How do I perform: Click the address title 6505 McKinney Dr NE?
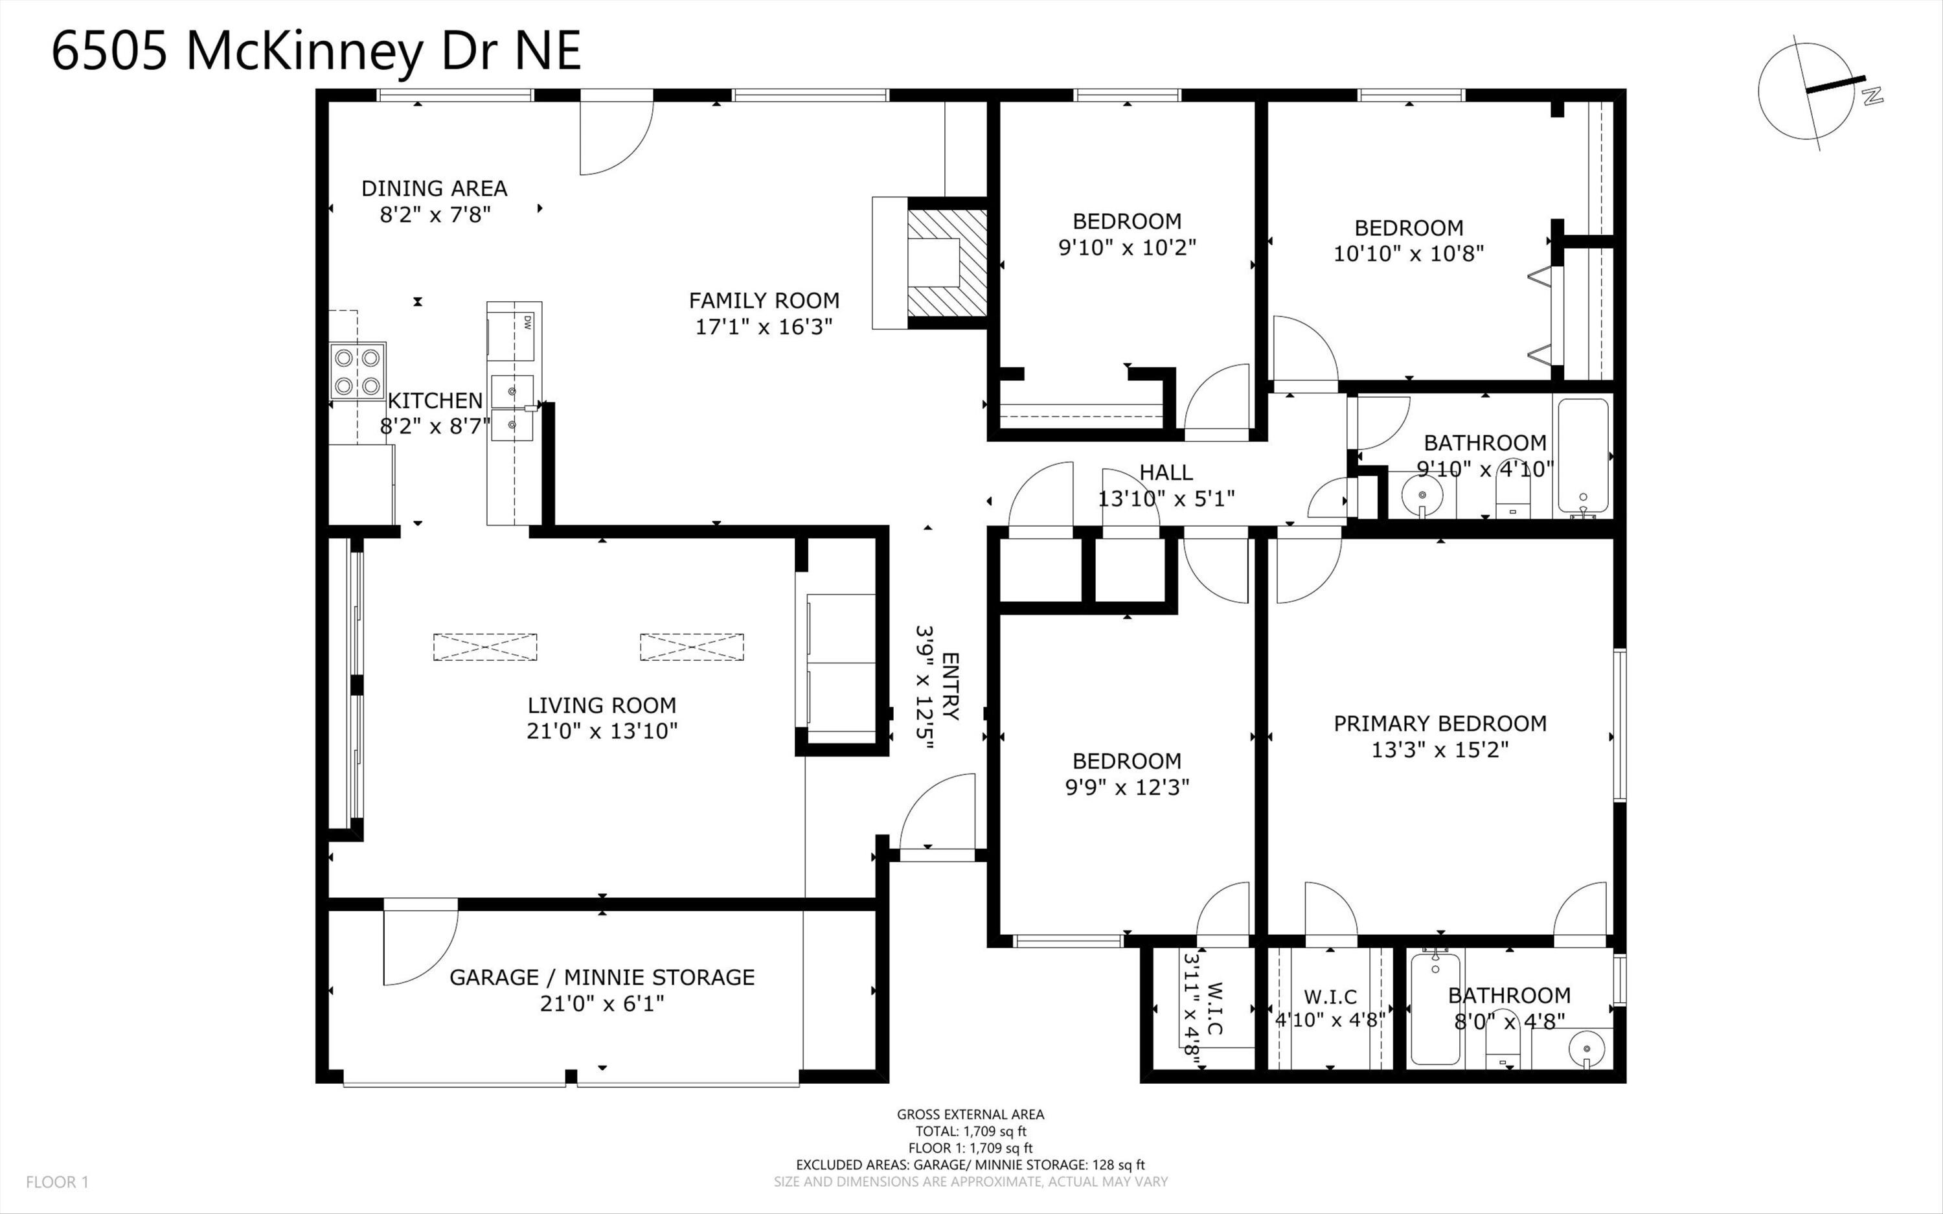[x=315, y=51]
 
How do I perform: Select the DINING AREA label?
[x=434, y=188]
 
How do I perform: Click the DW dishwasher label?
[x=527, y=322]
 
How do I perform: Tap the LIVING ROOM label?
[x=602, y=705]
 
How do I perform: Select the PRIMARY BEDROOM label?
[x=1440, y=724]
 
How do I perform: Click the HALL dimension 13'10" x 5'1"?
[x=1166, y=499]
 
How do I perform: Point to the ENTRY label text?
[x=950, y=687]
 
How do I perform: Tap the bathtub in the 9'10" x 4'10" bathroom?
[x=1584, y=456]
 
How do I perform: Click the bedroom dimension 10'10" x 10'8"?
[x=1409, y=254]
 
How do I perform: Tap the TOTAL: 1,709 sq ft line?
[x=970, y=1131]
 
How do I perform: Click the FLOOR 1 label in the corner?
[x=57, y=1182]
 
